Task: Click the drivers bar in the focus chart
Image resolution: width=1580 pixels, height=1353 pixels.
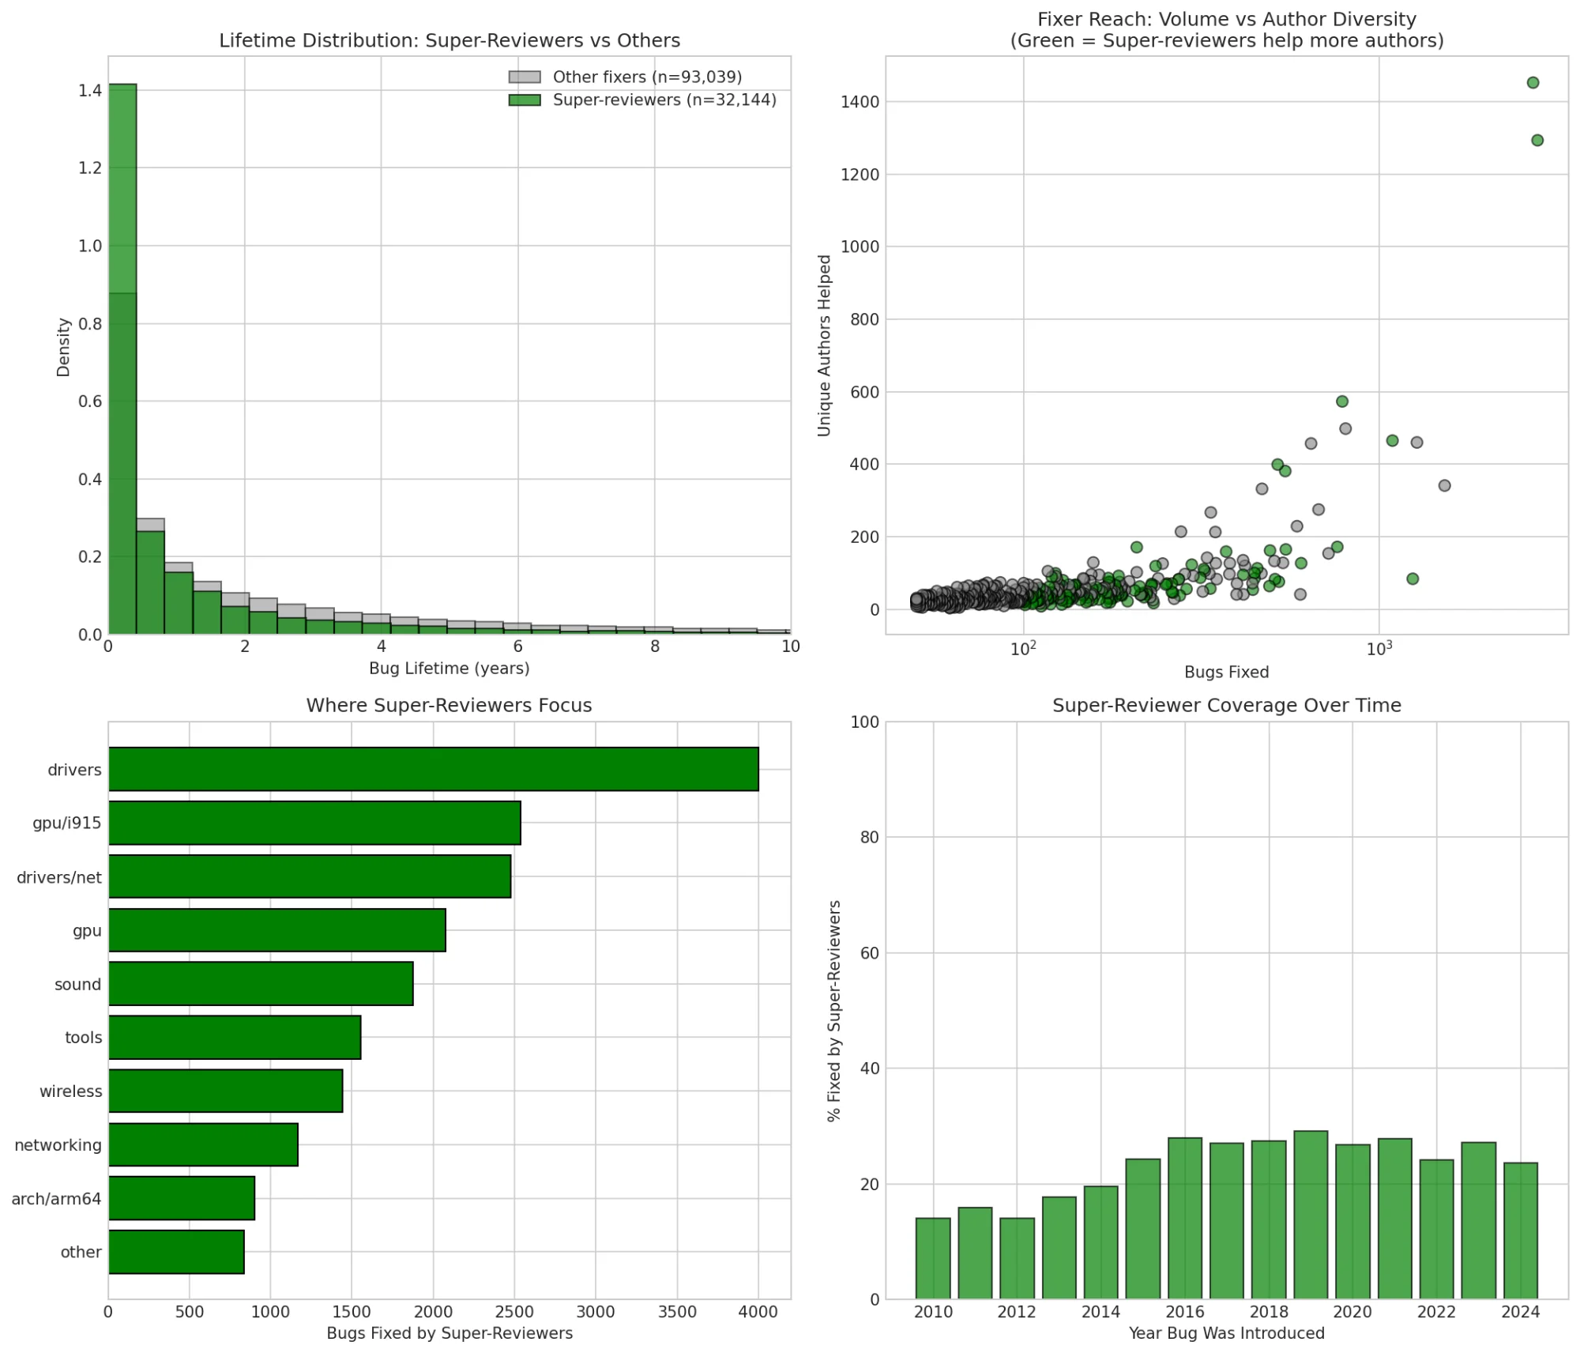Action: (x=433, y=769)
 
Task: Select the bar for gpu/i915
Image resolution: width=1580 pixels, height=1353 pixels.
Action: (x=314, y=823)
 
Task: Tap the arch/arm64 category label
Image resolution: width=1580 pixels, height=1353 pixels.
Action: (x=56, y=1198)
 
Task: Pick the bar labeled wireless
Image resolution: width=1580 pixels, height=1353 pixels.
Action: (x=225, y=1091)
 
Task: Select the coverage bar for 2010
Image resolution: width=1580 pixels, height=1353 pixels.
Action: (x=933, y=1258)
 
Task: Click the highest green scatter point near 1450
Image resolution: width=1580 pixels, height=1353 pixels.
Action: (x=1533, y=83)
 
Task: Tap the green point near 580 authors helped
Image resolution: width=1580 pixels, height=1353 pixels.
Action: (x=1341, y=401)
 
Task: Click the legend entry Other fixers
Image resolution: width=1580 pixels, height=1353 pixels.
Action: (x=646, y=77)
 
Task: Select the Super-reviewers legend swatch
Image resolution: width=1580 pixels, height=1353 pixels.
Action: (x=525, y=100)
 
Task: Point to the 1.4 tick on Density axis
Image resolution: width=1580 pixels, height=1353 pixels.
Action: (x=90, y=91)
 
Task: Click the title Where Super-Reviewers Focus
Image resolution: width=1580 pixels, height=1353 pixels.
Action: (x=449, y=705)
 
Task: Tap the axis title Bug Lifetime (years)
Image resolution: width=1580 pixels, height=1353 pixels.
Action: (x=449, y=669)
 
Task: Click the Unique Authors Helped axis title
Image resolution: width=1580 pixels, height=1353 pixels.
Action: (x=824, y=345)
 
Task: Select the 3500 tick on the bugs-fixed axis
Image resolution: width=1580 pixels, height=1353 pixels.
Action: (x=677, y=1313)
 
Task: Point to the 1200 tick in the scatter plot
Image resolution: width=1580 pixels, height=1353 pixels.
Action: (x=860, y=175)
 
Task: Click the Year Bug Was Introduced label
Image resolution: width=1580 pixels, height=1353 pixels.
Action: (x=1226, y=1333)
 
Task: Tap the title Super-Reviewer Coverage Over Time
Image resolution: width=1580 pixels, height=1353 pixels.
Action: (x=1226, y=705)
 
